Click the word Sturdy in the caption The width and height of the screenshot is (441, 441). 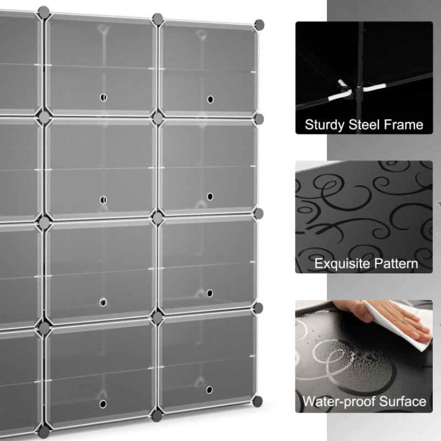click(324, 125)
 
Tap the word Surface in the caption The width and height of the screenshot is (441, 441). click(402, 401)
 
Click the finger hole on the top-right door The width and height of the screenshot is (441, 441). click(211, 99)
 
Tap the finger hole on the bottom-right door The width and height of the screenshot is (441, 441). click(209, 390)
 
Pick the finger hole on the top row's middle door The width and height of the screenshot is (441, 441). click(103, 98)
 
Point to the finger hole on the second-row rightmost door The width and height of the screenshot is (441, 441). click(210, 197)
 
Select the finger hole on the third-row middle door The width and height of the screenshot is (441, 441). click(103, 302)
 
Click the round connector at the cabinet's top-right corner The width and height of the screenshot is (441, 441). click(259, 25)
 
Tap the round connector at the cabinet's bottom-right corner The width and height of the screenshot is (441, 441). click(257, 402)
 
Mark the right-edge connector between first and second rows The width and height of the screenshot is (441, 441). click(259, 119)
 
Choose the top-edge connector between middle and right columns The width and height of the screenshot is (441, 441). click(158, 19)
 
